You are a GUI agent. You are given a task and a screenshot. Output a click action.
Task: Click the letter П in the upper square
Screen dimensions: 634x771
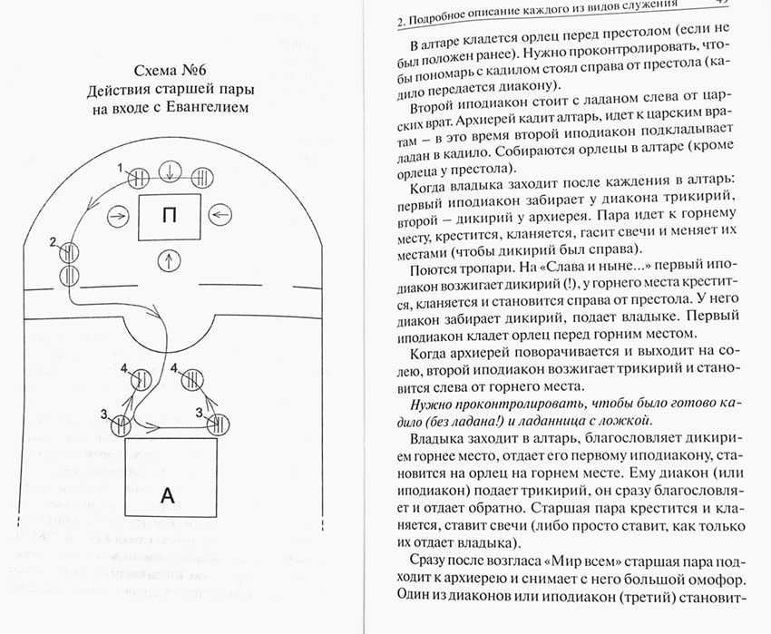click(x=167, y=215)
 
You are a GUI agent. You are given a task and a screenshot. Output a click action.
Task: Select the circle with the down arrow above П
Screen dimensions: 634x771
click(x=168, y=175)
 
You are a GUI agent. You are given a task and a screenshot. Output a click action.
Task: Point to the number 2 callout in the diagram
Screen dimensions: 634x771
click(x=54, y=241)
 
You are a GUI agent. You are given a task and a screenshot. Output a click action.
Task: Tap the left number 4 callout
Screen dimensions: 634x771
click(x=124, y=367)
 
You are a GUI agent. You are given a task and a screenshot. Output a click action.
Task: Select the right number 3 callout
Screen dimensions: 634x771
click(x=199, y=413)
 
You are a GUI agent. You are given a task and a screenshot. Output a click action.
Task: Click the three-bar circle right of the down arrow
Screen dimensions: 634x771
click(x=200, y=175)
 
